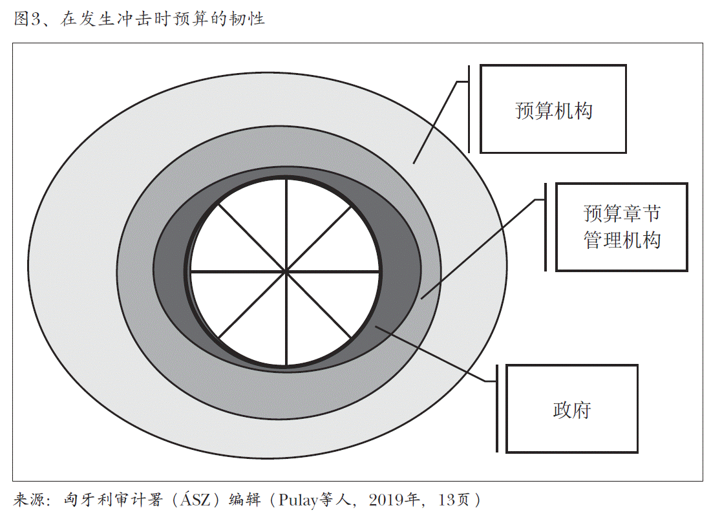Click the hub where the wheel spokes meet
[x=286, y=271]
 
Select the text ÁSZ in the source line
[x=195, y=499]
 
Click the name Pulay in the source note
[x=298, y=500]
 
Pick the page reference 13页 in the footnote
[x=454, y=500]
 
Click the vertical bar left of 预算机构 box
[x=469, y=109]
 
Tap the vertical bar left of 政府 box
[x=497, y=409]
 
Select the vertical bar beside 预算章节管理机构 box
[x=546, y=227]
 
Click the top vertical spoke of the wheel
[x=286, y=225]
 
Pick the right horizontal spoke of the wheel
[x=333, y=271]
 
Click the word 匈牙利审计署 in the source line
[x=113, y=500]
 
